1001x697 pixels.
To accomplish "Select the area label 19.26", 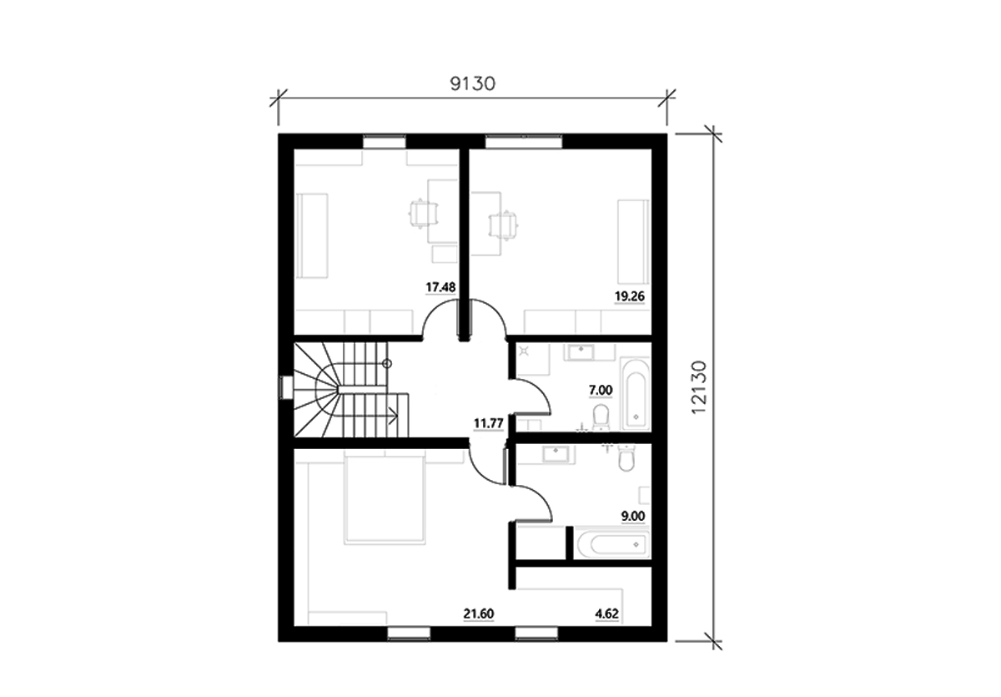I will (630, 295).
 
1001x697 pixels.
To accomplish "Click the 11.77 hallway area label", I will (487, 422).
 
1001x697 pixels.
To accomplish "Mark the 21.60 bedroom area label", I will (479, 615).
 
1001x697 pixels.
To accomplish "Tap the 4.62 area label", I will (606, 615).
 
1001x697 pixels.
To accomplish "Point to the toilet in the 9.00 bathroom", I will (627, 458).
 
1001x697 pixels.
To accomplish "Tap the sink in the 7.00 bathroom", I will (577, 352).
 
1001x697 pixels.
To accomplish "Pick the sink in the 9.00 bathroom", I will (554, 454).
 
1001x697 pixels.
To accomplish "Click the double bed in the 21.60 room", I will (385, 498).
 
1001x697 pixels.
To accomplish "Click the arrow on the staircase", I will (391, 412).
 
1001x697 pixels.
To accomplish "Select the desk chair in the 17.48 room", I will (421, 215).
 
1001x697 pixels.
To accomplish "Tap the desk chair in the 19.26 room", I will (502, 224).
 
